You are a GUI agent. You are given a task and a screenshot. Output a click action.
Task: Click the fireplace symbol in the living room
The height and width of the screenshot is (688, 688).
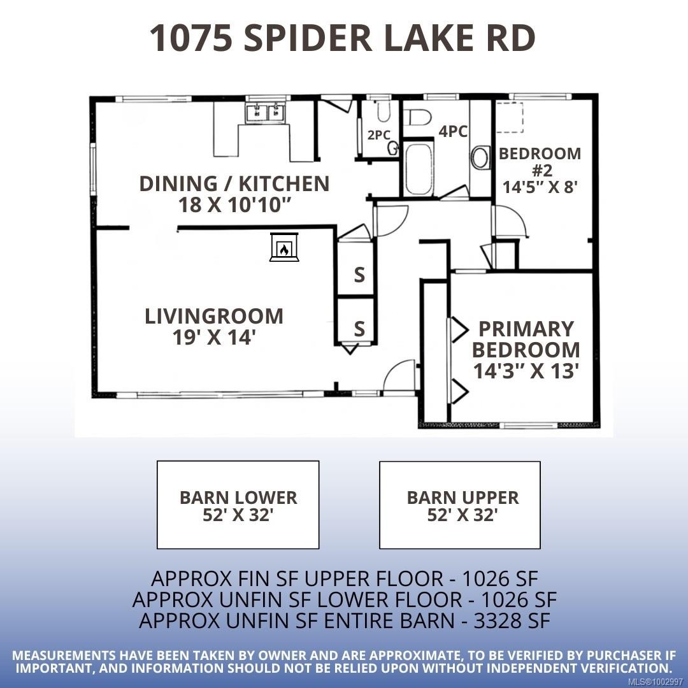[x=283, y=247]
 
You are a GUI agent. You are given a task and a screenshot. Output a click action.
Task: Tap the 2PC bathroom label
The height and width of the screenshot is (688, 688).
[x=378, y=134]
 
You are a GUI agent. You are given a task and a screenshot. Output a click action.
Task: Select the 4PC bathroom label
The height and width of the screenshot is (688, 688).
[x=453, y=131]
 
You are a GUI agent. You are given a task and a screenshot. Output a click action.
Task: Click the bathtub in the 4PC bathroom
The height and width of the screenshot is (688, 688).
[x=419, y=169]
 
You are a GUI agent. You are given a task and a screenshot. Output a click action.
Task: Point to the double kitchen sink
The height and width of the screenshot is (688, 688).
[x=264, y=113]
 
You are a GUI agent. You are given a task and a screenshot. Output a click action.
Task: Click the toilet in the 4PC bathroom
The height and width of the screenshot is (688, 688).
[x=419, y=117]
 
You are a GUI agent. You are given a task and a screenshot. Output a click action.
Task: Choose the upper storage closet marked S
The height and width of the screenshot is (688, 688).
[x=359, y=275]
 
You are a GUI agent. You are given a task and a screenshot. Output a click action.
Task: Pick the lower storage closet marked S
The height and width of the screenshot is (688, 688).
[x=359, y=329]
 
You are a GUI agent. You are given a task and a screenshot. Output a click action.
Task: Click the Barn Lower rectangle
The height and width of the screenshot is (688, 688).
[x=238, y=505]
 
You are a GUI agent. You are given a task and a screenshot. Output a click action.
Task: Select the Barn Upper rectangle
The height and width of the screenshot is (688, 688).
[x=460, y=505]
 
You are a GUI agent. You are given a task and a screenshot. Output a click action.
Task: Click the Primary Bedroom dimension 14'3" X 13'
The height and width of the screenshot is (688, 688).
[x=526, y=370]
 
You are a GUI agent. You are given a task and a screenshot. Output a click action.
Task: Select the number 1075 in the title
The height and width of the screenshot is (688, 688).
[x=189, y=38]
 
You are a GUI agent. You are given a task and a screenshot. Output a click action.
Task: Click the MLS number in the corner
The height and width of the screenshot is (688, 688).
[x=662, y=681]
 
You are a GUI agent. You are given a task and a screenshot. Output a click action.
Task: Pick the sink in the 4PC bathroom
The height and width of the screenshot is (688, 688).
[x=480, y=157]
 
